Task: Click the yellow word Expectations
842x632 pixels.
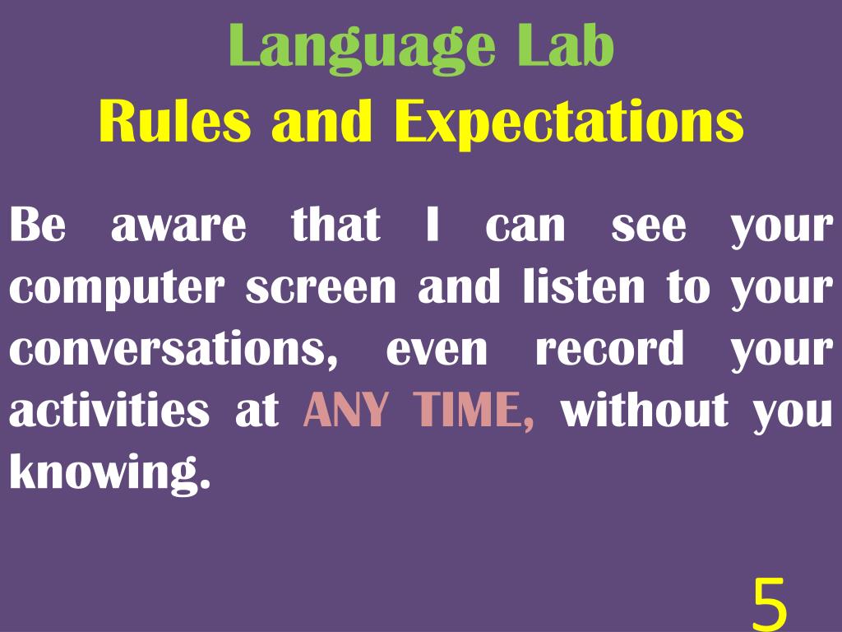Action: [568, 123]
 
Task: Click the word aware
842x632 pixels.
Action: [178, 226]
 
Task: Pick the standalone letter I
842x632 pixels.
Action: [433, 225]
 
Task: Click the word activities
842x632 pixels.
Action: [109, 410]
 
